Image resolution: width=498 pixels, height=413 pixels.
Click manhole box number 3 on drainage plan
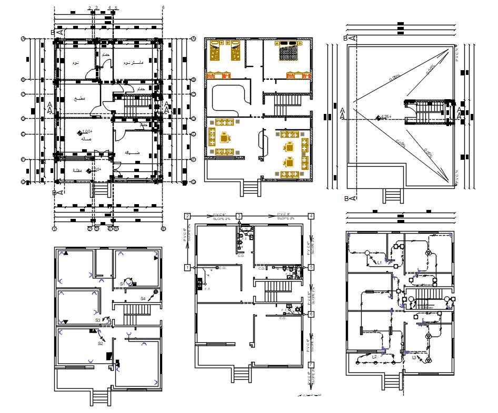point(239,216)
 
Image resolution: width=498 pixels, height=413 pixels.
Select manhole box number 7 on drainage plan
point(312,364)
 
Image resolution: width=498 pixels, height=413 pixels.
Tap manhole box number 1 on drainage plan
point(187,268)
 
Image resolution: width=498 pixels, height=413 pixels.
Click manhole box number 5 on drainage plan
point(312,268)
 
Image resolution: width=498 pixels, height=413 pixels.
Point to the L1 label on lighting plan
point(379,262)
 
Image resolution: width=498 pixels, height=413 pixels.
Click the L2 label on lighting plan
point(374,357)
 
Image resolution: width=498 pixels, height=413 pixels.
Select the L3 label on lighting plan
point(414,358)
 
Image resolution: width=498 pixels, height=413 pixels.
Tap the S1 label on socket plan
point(122,284)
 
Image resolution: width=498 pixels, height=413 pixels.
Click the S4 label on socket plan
point(143,299)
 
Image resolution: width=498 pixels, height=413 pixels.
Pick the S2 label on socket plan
point(100,343)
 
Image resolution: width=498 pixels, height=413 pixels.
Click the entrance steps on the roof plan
point(393,195)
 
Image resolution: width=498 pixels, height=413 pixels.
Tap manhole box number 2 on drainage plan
point(187,216)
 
